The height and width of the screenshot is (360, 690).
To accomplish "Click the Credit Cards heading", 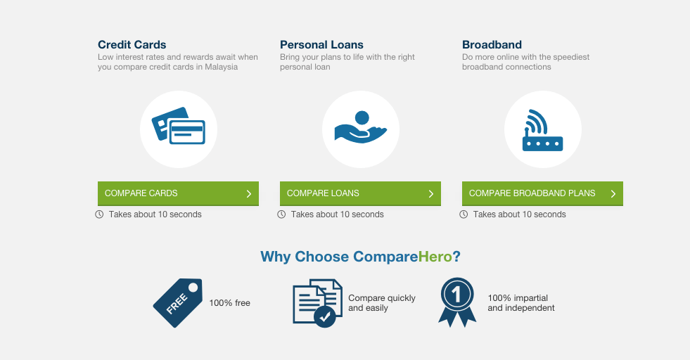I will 132,45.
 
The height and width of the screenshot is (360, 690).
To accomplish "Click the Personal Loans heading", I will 321,45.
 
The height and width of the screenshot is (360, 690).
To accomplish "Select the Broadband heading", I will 492,45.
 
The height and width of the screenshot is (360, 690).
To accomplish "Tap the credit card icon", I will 178,127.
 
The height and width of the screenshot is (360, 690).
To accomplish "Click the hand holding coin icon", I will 360,128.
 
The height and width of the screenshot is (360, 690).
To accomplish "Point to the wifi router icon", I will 542,129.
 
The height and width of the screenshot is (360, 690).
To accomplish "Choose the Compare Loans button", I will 360,193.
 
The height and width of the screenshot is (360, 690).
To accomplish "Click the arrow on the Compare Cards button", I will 249,194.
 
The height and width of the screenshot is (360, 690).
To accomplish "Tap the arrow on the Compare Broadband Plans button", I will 613,194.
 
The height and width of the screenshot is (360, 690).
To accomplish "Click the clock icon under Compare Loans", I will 281,214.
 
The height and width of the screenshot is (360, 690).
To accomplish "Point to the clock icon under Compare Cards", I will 99,214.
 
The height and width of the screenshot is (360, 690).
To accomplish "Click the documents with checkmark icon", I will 317,302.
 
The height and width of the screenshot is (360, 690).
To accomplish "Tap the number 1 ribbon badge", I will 456,302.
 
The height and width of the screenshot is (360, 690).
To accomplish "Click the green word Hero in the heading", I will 435,257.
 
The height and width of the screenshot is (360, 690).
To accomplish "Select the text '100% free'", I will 229,303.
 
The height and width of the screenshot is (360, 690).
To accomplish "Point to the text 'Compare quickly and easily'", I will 382,303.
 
